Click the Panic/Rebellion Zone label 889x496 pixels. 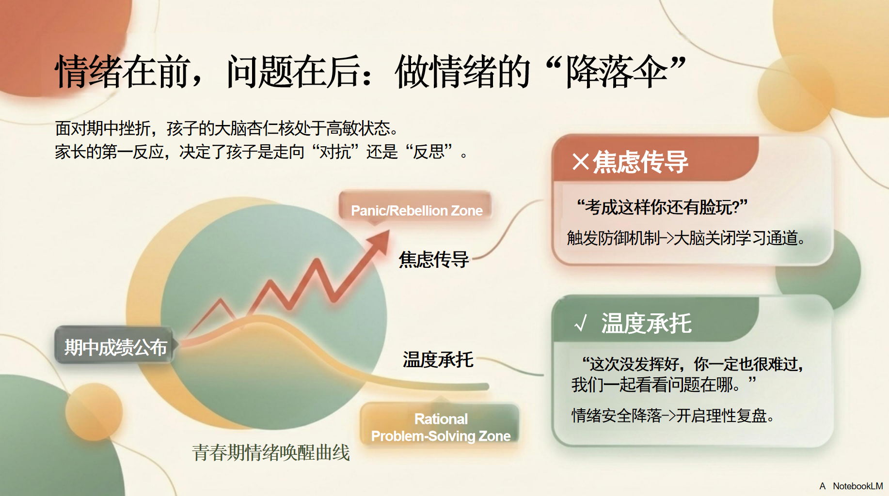416,210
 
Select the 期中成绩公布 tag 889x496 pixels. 115,347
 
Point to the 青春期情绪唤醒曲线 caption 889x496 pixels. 271,452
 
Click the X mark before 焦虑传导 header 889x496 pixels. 580,162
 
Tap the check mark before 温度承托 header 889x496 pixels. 580,323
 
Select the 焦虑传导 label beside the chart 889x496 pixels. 434,260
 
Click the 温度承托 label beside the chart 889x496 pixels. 438,360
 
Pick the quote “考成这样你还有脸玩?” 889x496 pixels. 662,207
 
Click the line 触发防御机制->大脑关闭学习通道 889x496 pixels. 686,238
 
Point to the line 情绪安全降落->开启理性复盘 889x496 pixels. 672,415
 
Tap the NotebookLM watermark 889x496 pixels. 857,486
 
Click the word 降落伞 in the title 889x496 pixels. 616,71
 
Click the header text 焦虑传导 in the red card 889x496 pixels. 640,162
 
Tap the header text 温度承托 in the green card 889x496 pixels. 647,323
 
